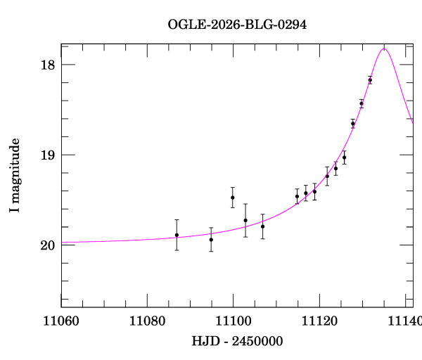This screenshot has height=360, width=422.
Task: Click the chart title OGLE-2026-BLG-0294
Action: pos(237,25)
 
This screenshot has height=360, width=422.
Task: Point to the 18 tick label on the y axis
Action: pos(48,65)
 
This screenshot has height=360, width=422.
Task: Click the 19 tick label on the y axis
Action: pos(48,155)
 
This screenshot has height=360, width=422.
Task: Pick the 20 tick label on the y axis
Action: pos(48,245)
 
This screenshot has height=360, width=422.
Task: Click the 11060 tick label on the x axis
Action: pos(61,321)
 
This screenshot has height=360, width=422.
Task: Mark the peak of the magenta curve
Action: pos(384,49)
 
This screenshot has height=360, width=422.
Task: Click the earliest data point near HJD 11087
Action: pos(177,235)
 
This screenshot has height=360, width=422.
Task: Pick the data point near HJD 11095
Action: pos(211,240)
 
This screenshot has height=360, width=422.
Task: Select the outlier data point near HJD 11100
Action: pos(232,198)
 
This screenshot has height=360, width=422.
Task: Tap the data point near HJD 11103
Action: pos(245,220)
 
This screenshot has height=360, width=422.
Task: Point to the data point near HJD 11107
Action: pos(262,226)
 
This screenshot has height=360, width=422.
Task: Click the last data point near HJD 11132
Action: pos(370,80)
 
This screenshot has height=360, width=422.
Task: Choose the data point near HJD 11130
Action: pos(362,103)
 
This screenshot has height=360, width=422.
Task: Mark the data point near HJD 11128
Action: pos(353,124)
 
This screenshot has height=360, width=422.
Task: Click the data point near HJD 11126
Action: pos(344,157)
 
